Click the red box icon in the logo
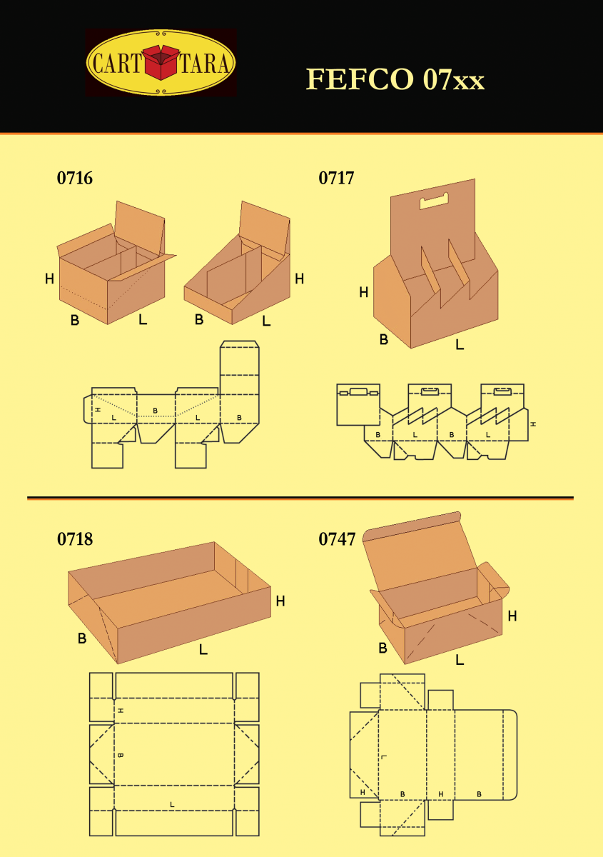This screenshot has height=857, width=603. (x=161, y=63)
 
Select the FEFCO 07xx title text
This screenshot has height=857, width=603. (x=395, y=79)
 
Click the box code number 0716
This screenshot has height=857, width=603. (x=75, y=178)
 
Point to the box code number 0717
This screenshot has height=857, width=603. (x=336, y=178)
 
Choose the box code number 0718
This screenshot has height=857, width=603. (x=75, y=539)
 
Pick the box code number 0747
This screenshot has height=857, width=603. (x=337, y=539)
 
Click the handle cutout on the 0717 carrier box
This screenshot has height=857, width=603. (x=433, y=201)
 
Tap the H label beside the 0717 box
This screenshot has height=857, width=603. (x=364, y=292)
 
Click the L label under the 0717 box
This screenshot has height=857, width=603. (x=460, y=345)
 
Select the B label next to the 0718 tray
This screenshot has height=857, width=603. (x=82, y=638)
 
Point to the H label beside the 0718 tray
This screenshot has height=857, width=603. (x=280, y=601)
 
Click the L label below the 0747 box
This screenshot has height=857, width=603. (x=460, y=660)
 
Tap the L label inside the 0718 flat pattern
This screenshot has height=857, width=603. (x=172, y=804)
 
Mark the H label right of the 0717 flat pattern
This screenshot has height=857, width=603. (x=532, y=424)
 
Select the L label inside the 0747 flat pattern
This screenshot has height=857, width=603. (x=384, y=757)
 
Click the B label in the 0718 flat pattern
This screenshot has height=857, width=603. (x=120, y=755)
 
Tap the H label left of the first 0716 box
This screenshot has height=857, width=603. (x=49, y=279)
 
